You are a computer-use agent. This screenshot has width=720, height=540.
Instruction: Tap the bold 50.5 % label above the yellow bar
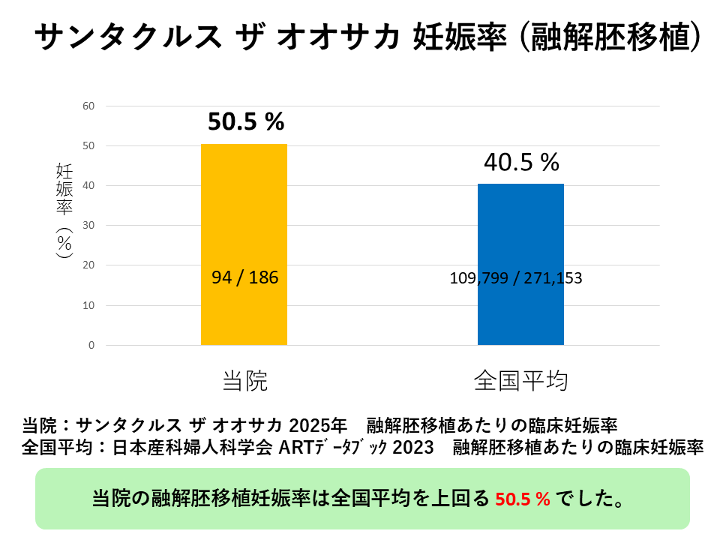coord(246,122)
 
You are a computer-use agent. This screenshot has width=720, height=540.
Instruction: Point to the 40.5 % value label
coord(521,162)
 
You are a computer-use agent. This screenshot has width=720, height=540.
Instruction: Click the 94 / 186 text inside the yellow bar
coord(244,277)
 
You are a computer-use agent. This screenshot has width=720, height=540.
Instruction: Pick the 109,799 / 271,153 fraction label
coord(516,277)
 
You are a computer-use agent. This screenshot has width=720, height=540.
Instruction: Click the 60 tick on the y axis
coord(88,106)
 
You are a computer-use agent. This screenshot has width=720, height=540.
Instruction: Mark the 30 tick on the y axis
coord(88,225)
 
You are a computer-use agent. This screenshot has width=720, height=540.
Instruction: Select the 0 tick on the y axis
coord(91,345)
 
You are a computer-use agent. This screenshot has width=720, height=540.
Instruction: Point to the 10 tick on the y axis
coord(88,305)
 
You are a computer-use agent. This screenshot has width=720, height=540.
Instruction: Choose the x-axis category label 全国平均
coord(520,381)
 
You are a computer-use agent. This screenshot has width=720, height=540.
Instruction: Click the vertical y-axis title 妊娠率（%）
coord(64,210)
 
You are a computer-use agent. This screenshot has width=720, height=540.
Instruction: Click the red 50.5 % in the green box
coord(523,498)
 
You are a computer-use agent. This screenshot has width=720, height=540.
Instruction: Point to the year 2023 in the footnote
coord(412,448)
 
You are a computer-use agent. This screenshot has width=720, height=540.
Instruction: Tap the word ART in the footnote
coord(297,448)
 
